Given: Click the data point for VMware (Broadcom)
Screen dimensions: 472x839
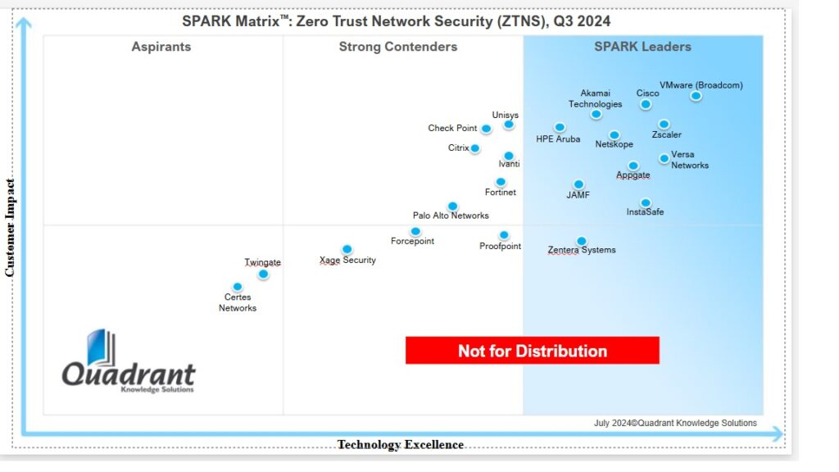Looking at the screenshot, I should click(696, 96).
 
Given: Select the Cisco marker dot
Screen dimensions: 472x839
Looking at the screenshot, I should click(646, 104).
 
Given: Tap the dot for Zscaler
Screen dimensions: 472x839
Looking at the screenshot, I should click(664, 125).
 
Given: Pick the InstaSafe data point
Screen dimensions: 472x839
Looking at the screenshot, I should click(646, 202).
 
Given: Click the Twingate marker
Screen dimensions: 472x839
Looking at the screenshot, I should click(263, 274).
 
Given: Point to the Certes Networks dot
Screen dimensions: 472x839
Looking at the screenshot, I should click(238, 287).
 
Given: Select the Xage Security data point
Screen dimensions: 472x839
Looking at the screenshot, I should click(347, 249).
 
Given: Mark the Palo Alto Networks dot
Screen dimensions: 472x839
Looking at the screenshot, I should click(452, 206).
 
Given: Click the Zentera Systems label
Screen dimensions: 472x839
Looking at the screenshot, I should click(582, 250).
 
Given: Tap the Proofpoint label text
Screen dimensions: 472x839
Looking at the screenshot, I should click(500, 247).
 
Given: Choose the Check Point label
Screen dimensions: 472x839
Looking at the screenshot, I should click(452, 129).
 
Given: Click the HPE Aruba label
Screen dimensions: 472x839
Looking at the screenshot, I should click(558, 139).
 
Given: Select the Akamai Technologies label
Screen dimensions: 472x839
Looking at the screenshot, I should click(596, 98).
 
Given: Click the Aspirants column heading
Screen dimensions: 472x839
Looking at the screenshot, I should click(161, 47).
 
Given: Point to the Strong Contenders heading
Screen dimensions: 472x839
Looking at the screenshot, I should click(398, 47).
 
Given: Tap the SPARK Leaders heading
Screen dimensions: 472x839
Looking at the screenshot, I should click(642, 47).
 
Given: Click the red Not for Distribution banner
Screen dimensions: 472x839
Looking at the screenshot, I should click(533, 351).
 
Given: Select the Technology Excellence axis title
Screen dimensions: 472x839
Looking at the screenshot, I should click(401, 445).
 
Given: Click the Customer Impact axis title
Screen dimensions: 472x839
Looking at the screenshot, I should click(11, 226).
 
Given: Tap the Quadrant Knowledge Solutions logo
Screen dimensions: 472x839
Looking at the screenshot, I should click(129, 363).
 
